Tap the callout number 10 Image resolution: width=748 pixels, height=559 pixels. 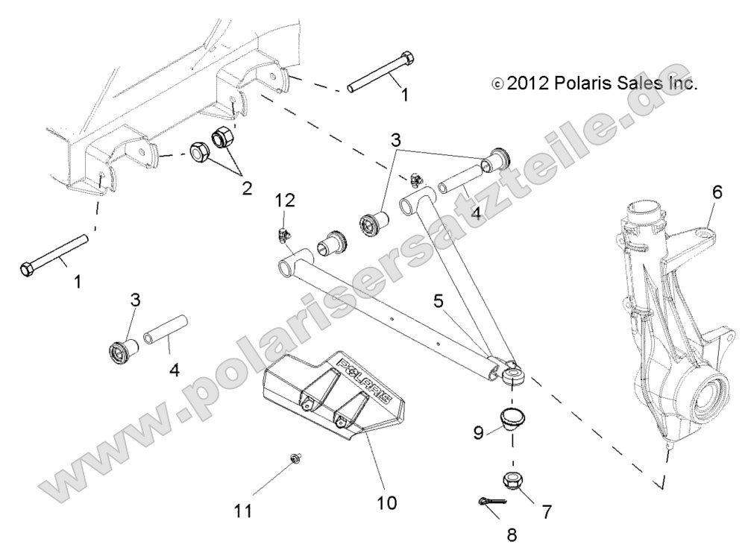(x=386, y=503)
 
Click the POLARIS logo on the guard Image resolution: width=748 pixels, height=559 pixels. (x=365, y=379)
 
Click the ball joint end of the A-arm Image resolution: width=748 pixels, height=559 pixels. (x=512, y=373)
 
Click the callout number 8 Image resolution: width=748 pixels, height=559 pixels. (x=511, y=534)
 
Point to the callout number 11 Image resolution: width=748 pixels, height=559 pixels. (x=243, y=511)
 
